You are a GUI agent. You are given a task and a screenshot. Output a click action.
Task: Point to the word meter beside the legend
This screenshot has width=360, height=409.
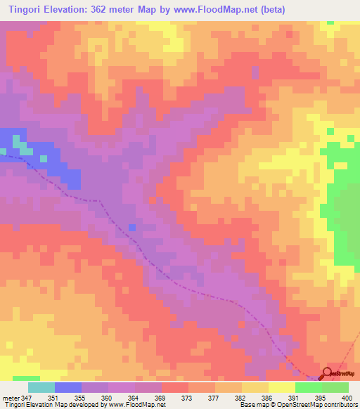tap(12, 397)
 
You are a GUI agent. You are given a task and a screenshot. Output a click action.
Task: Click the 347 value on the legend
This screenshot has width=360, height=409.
tap(27, 397)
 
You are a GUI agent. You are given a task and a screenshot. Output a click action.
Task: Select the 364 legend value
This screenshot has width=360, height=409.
tap(135, 397)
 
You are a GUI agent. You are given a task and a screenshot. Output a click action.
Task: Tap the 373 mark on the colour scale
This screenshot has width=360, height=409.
tap(188, 397)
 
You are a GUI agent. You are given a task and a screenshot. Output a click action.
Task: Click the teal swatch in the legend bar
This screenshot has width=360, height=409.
tap(41, 387)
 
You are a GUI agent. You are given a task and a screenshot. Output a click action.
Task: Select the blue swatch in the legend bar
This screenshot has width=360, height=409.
tap(68, 387)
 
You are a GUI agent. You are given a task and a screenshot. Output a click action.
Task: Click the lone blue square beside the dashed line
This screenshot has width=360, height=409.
tap(132, 227)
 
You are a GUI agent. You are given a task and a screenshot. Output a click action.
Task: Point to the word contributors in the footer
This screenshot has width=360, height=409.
tap(340, 405)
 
